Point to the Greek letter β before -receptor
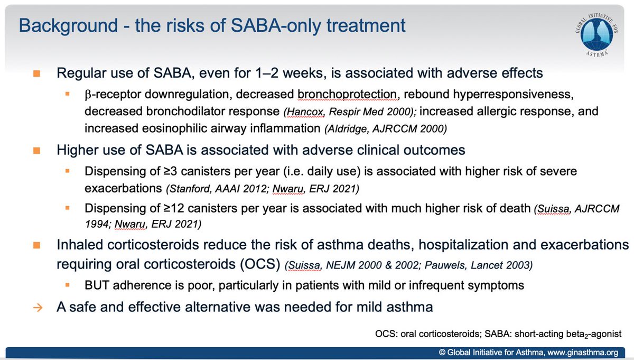pos(87,94)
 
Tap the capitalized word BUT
pos(95,285)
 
